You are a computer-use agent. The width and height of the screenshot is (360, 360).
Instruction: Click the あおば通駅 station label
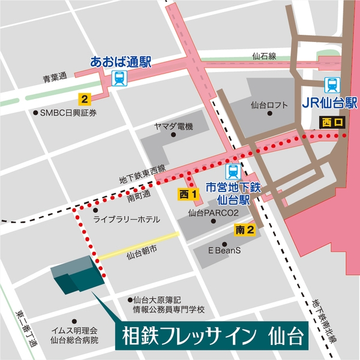click(122, 61)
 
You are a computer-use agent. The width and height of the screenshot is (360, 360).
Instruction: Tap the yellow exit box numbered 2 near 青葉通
click(85, 98)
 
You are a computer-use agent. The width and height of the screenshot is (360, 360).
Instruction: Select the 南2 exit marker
click(245, 229)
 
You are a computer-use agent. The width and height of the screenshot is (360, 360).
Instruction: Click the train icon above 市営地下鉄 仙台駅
click(232, 170)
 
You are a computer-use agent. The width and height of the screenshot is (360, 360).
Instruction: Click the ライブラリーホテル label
click(126, 220)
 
